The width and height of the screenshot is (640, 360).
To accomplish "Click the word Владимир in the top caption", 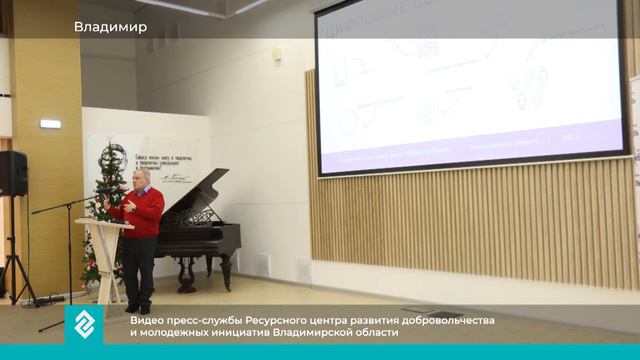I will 110,27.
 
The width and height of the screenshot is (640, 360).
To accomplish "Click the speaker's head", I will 142,177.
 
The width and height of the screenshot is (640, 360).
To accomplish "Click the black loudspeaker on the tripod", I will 12,173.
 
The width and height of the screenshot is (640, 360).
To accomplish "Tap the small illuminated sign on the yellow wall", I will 50,124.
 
